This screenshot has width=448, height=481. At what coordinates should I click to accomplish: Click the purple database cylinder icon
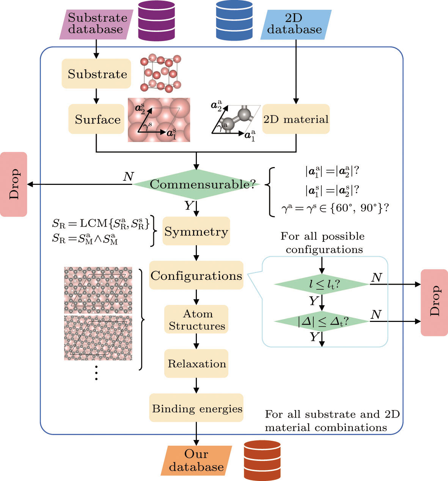(x=156, y=21)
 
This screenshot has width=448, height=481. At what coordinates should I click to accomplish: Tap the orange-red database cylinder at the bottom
(x=262, y=460)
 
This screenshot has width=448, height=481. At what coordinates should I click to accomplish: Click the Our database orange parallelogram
(x=196, y=460)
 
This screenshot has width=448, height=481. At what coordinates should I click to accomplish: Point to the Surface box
(x=97, y=119)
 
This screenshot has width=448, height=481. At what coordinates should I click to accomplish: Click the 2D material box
(x=296, y=119)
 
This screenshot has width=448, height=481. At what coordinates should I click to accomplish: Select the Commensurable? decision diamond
(x=196, y=185)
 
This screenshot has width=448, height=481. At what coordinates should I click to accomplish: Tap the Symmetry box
(x=196, y=231)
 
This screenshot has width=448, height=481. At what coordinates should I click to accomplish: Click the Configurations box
(x=196, y=275)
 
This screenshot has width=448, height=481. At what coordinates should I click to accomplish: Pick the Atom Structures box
(x=196, y=319)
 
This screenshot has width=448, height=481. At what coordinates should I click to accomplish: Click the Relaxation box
(x=196, y=363)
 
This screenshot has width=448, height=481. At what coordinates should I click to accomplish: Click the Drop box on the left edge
(x=14, y=185)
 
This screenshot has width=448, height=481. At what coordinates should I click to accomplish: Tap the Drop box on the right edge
(x=434, y=302)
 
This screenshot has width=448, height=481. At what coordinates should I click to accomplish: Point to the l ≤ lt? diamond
(x=321, y=284)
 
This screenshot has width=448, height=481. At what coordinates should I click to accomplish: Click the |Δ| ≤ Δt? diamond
(x=321, y=321)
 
